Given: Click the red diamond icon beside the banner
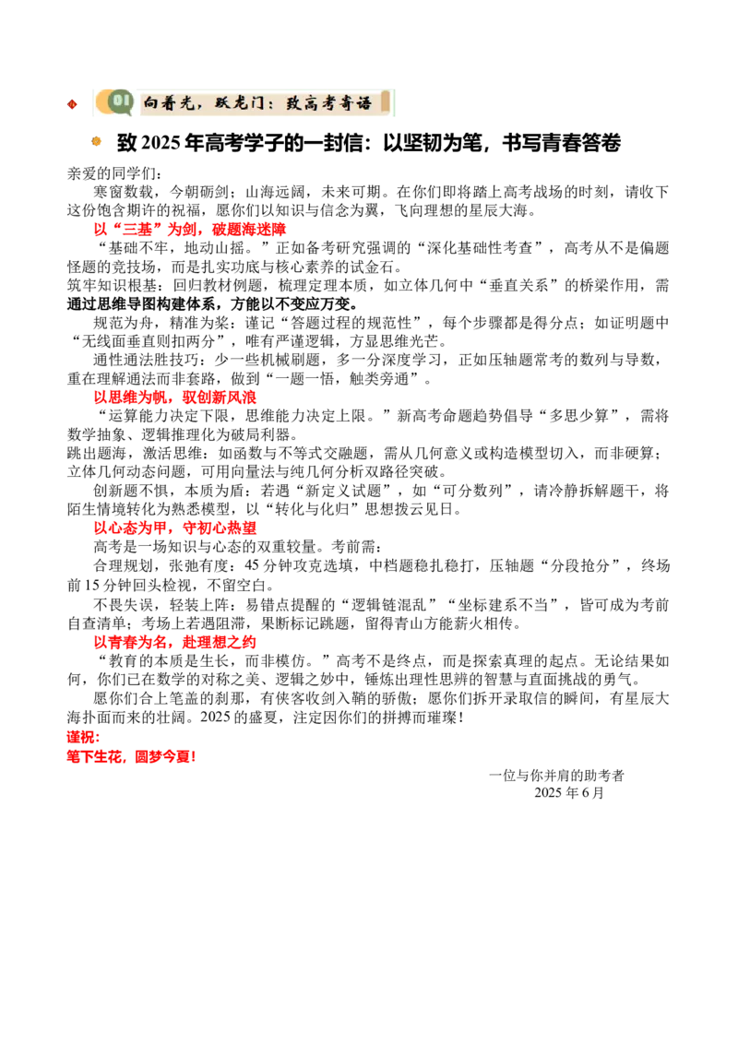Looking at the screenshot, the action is coord(72,103).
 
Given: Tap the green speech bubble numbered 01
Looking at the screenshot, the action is coord(119,101).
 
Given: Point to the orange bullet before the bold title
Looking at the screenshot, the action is coord(97,140).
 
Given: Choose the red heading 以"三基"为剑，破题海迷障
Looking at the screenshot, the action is coord(190,229).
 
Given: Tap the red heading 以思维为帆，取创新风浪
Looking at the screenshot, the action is coord(175,397).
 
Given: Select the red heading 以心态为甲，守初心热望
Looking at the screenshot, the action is coord(175,528).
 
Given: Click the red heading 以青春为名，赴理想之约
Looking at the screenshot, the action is coord(175,642).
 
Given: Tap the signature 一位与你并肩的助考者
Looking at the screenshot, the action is coord(556,775).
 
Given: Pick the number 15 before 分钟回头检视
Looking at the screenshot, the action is coord(89,586).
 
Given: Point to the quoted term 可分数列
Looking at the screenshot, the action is coord(477,491).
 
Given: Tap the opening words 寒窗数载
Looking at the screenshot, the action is coord(124,192).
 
